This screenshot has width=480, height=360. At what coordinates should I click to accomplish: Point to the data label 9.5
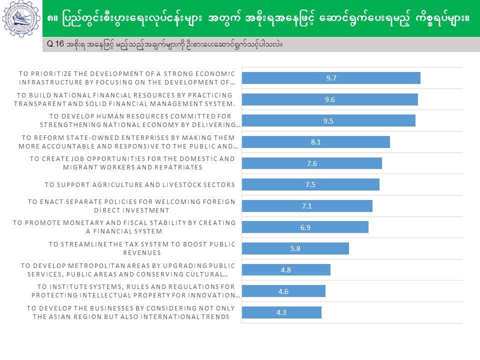coord(328,120)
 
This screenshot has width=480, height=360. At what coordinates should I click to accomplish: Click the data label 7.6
coord(312,163)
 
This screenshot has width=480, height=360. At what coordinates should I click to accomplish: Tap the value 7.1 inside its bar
coord(307,206)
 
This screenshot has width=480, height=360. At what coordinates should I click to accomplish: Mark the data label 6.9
coord(305,227)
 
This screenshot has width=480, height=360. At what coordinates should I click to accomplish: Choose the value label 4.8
coord(286,270)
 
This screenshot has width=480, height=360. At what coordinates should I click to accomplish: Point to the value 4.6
coord(283,291)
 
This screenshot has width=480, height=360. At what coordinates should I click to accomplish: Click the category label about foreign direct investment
coord(131,206)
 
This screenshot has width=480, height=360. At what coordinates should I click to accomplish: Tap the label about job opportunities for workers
coord(132,163)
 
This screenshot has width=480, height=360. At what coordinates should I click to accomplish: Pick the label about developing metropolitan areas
coord(127,270)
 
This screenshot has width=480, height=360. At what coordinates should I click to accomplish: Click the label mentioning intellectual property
coord(138,291)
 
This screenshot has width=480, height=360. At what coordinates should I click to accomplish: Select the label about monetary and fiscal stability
coord(124,227)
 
